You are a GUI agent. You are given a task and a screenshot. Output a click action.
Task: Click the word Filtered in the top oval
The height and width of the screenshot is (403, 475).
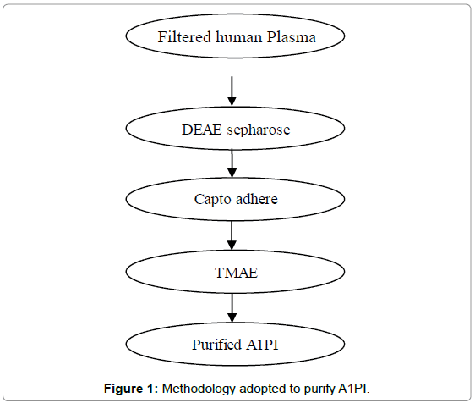[184, 37]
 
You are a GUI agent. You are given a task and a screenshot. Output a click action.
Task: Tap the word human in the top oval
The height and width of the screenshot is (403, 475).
[239, 37]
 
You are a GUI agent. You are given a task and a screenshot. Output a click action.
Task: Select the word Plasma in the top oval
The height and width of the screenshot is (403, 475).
[292, 37]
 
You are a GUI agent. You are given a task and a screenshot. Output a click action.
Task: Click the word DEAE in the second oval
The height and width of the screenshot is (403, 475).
[202, 130]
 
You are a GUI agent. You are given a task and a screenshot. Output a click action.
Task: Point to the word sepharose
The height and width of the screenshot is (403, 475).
[259, 130]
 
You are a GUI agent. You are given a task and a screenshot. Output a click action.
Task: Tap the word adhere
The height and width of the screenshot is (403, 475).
[257, 199]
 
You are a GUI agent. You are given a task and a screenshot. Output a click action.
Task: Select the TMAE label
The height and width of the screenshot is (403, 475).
[237, 273]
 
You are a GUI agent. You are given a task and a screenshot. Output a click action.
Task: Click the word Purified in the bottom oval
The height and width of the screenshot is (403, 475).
[216, 345]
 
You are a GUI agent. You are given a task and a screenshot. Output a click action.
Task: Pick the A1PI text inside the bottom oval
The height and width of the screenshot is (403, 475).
[262, 345]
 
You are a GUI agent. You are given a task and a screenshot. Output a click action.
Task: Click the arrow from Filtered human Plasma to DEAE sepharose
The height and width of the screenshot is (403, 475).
[232, 91]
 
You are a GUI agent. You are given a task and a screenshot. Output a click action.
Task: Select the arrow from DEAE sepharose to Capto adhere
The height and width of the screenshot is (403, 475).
[232, 163]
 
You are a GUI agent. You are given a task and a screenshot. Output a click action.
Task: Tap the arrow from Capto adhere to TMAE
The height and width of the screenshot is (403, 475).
[232, 235]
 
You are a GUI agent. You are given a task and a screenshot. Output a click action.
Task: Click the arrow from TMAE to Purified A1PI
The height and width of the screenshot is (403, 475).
[232, 307]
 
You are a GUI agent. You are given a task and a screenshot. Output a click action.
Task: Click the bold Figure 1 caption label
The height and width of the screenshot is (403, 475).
[131, 389]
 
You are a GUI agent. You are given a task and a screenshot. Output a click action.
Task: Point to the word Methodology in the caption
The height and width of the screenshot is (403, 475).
[199, 389]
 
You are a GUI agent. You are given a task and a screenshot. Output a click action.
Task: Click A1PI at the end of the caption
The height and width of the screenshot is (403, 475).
[354, 389]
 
